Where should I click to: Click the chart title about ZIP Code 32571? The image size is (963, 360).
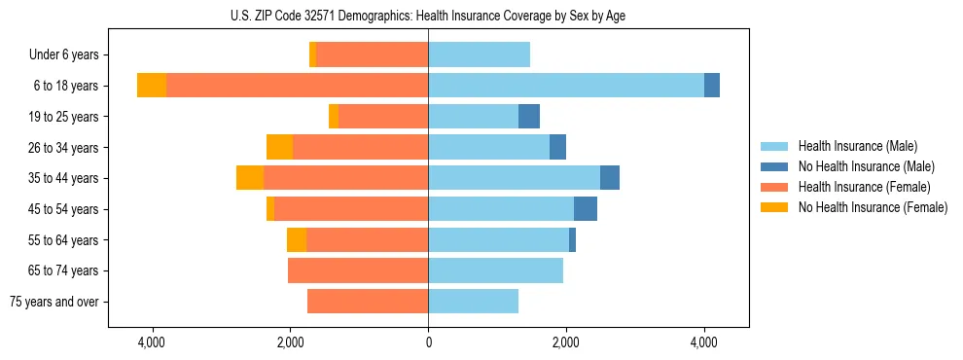click(x=428, y=16)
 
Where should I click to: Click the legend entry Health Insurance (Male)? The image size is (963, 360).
click(x=856, y=146)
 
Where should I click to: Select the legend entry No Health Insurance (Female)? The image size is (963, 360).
click(x=873, y=207)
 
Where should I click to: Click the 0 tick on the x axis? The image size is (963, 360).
click(x=428, y=343)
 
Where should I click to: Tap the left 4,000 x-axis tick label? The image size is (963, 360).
click(x=153, y=343)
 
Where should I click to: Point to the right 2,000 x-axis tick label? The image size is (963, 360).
click(x=566, y=343)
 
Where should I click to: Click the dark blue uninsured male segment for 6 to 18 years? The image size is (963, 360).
click(x=712, y=86)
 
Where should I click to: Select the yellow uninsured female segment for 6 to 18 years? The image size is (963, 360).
click(x=152, y=86)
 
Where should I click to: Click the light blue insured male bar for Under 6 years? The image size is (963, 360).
click(x=479, y=55)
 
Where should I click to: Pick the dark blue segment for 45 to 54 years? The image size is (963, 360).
click(x=586, y=209)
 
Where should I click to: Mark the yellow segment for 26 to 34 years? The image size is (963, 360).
click(x=279, y=147)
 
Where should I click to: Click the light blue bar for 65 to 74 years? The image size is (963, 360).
click(x=495, y=270)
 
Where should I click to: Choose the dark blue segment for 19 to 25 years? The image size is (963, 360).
click(x=529, y=117)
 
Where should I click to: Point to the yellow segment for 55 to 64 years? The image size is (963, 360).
click(x=297, y=240)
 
